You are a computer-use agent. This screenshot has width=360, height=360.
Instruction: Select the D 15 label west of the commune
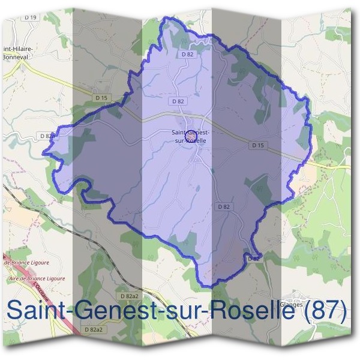[x=100, y=97]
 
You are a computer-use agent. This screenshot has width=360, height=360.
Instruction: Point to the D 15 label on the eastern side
[x=258, y=145]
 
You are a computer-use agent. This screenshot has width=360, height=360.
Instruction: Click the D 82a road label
[x=47, y=136]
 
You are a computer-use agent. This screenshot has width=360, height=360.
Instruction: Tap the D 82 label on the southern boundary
[x=253, y=258]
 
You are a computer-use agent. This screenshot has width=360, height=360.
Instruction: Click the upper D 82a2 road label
[x=128, y=296]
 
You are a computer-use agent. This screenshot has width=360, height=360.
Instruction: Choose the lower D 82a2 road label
[x=94, y=330]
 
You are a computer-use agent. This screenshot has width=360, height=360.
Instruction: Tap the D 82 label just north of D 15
[x=178, y=101]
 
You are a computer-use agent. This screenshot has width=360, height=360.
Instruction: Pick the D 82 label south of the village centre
[x=223, y=206]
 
